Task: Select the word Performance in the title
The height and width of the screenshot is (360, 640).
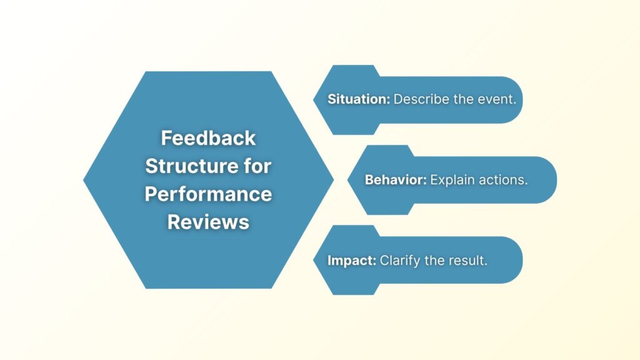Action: click(208, 194)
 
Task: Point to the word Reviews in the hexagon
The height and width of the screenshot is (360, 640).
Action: click(208, 222)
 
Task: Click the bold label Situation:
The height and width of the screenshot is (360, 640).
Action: click(358, 99)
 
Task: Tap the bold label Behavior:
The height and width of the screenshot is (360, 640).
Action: click(396, 180)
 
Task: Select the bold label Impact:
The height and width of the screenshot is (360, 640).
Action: click(351, 260)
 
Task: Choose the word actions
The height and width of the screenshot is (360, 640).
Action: click(506, 180)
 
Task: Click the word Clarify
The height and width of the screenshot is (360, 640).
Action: click(400, 260)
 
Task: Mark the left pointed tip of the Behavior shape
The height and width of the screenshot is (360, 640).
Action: click(349, 180)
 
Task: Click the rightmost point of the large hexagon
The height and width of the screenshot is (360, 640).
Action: click(333, 180)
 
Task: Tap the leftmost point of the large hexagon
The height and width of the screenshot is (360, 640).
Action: click(84, 180)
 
